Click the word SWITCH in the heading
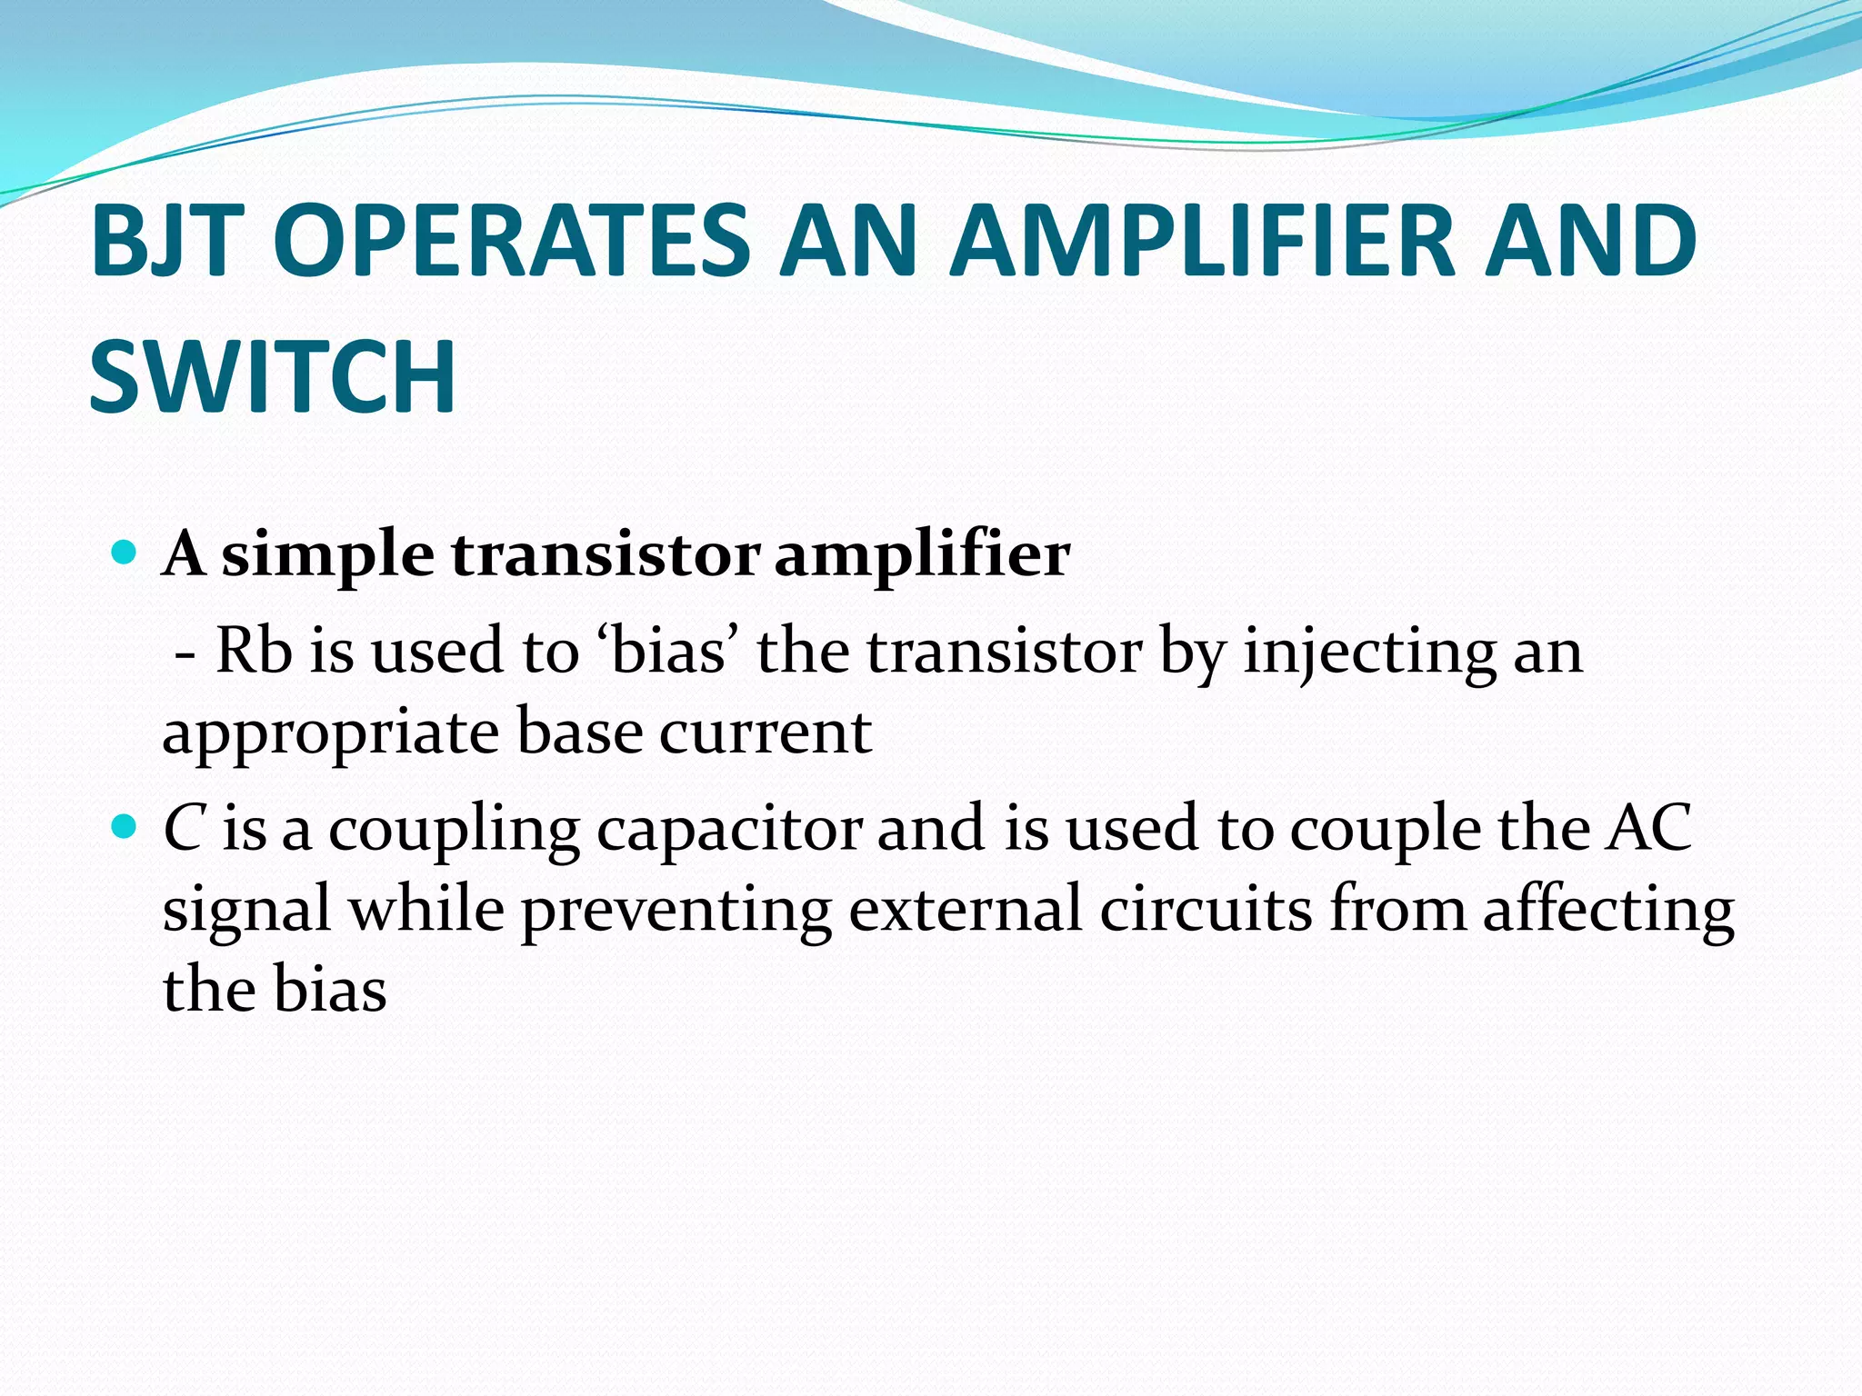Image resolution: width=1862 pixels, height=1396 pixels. coord(272,375)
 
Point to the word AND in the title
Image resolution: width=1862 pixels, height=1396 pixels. coord(1590,240)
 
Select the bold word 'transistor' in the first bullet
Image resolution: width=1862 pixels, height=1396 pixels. coord(605,553)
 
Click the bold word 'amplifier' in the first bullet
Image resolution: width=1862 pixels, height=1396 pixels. coord(922,553)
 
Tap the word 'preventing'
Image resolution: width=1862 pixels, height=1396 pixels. coord(676,911)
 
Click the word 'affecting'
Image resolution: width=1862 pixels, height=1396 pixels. coord(1608,911)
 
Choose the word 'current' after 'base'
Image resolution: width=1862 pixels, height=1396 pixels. coord(765,733)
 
